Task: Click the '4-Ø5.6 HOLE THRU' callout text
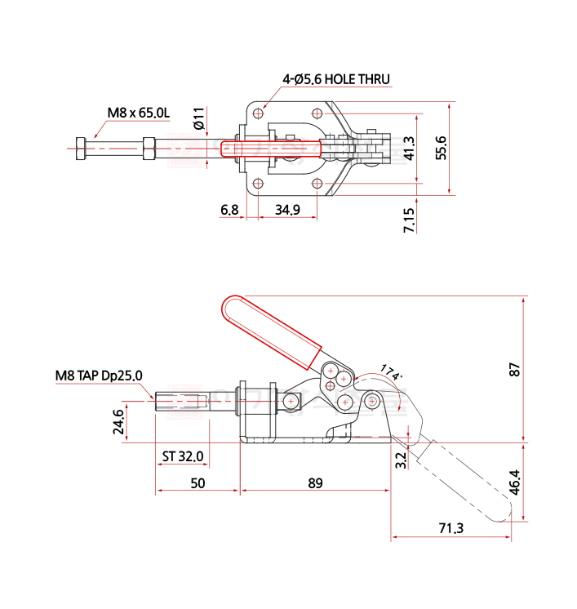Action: coord(335,79)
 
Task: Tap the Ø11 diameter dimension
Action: coord(198,120)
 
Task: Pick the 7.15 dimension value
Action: coord(410,220)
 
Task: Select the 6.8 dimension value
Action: coord(229,211)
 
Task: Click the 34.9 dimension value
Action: coord(287,211)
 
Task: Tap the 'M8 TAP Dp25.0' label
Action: coord(99,375)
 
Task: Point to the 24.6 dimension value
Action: coord(119,424)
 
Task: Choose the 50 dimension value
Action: coord(198,482)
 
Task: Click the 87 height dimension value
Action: coord(514,370)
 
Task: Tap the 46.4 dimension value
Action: coord(514,482)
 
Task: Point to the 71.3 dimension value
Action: coord(451,529)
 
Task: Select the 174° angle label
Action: coord(392,374)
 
